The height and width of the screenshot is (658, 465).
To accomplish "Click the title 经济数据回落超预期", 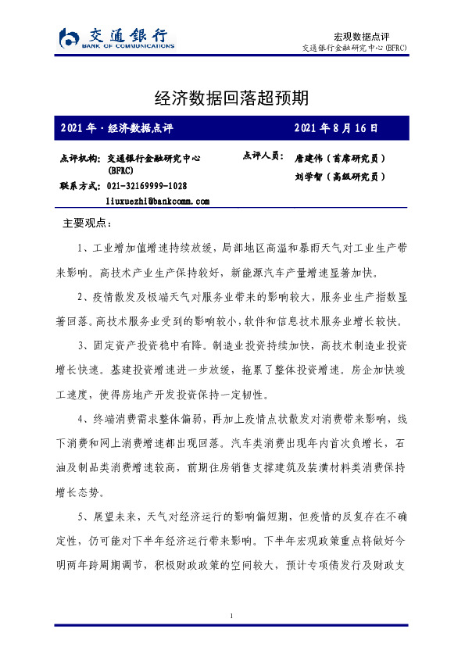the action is pos(232,98).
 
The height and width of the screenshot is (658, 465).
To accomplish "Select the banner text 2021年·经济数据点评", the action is pos(116,127).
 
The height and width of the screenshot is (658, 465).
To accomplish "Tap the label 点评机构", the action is pos(79,158).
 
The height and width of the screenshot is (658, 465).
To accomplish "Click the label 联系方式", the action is pos(79,186).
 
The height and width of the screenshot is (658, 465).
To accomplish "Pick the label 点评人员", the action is pos(263,156).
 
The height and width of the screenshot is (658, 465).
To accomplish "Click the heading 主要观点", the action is pos(87,224).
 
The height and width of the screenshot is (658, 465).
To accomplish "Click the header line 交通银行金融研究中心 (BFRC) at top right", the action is pos(354,48).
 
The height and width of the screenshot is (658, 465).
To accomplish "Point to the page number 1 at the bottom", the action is pos(232,617).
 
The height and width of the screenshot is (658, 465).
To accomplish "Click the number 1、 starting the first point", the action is pos(84,249).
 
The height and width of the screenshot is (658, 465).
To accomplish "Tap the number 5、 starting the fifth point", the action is pos(84,517).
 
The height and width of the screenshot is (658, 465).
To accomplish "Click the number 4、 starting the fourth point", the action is pos(84,420).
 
